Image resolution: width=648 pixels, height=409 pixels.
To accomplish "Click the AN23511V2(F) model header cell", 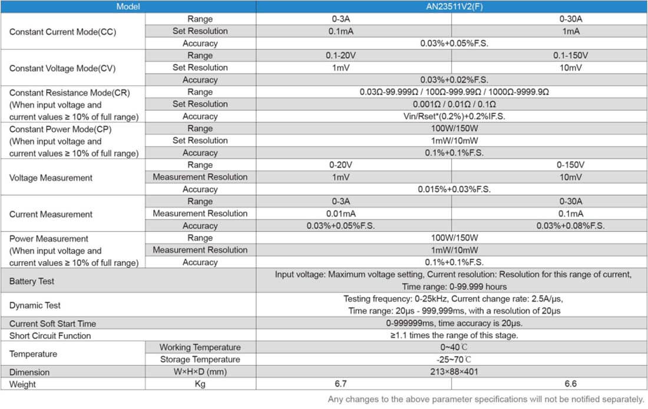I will [451, 6].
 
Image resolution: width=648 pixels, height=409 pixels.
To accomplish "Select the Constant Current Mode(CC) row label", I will [63, 31].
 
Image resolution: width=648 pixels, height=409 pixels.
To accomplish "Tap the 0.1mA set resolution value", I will [341, 31].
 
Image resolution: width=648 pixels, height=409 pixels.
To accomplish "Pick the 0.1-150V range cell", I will [570, 55].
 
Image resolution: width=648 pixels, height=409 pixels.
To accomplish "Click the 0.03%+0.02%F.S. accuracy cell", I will [454, 79].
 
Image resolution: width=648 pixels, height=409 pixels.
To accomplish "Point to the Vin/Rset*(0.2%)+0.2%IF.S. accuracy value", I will [454, 116].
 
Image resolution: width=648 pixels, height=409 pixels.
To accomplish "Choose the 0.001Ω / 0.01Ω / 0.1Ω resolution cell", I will [454, 104].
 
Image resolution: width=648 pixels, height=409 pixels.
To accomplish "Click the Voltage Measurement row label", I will [51, 177].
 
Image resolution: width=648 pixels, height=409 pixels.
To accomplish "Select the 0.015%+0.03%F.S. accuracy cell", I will [454, 189].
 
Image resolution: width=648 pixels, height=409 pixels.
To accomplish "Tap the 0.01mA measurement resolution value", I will [341, 214].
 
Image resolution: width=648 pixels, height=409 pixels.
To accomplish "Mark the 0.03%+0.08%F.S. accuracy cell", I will [570, 226].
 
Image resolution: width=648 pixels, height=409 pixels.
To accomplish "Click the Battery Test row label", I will [32, 281].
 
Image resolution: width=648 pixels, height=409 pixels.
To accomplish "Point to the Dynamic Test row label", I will [35, 305].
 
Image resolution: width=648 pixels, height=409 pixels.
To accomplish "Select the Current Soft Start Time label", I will [52, 324].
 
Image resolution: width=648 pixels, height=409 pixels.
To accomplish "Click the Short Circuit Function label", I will [50, 336].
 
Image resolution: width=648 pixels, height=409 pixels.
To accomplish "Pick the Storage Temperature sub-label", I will [200, 360].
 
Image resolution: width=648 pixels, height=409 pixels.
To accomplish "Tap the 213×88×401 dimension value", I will [454, 372].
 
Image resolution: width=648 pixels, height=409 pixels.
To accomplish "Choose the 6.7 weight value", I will [341, 384].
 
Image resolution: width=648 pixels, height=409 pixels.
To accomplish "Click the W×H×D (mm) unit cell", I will [200, 372].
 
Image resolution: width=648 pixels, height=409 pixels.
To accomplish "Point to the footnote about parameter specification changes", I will [486, 399].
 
